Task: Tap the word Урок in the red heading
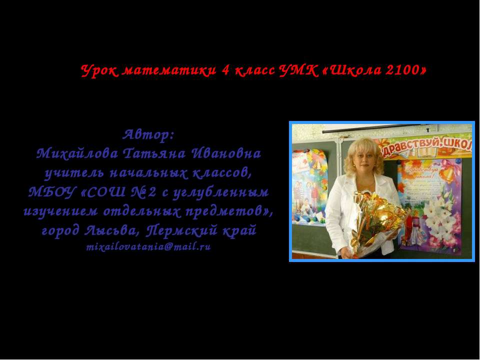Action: [98, 70]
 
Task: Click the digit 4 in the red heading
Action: [226, 70]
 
